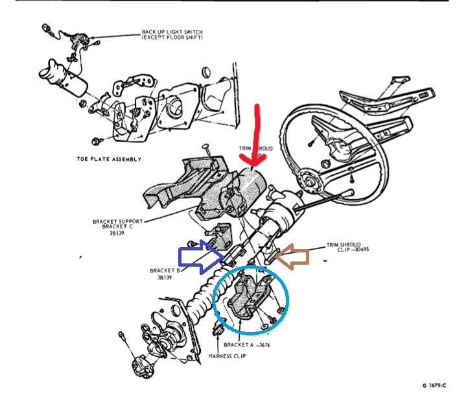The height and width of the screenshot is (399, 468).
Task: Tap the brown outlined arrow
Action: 298,256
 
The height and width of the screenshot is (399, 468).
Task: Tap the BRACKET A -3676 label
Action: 246,345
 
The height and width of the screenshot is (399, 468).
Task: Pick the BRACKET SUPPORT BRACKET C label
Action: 117,226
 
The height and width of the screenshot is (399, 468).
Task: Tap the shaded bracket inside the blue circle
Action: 249,298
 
